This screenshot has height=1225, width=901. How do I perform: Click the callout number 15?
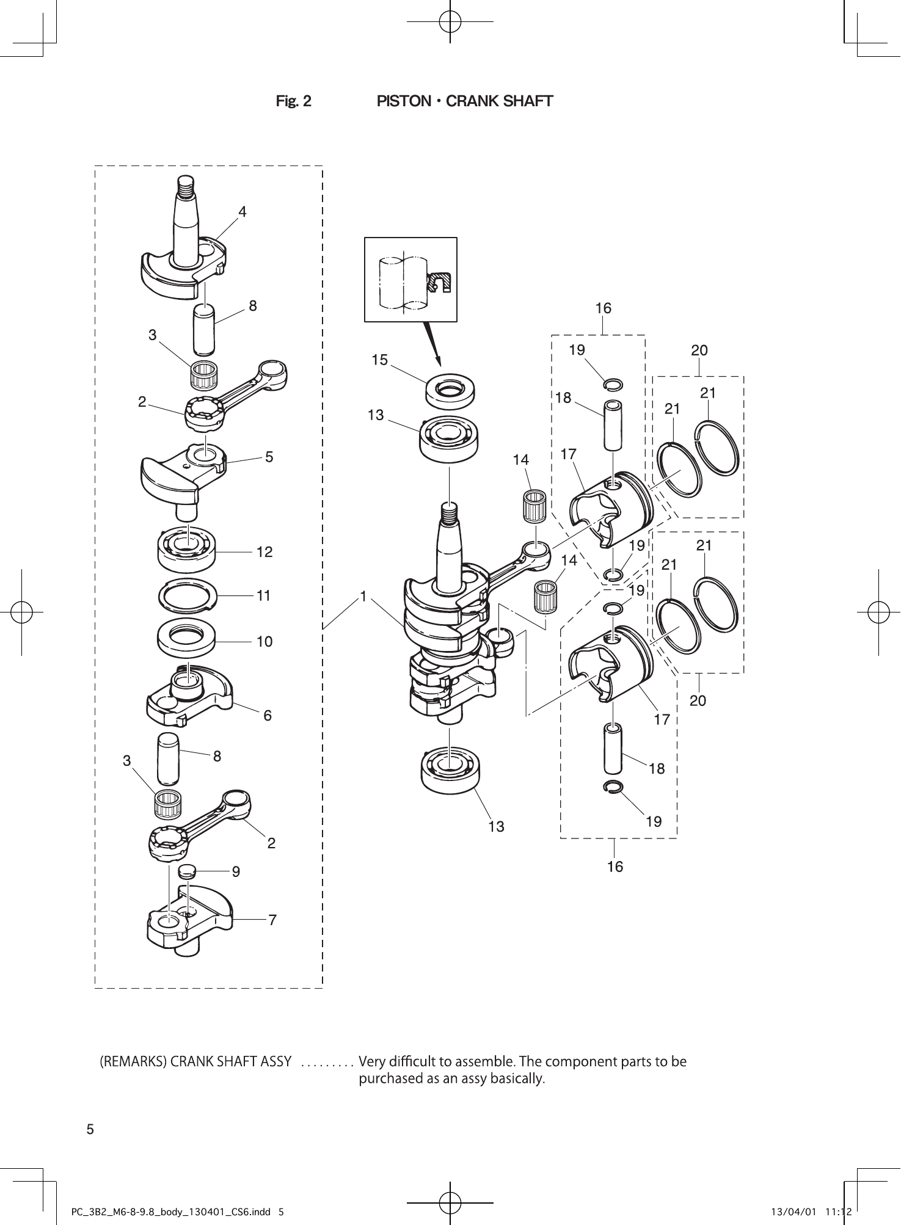coord(380,360)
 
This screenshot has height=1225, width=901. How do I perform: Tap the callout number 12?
coord(264,552)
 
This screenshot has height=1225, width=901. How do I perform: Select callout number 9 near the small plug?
coord(236,872)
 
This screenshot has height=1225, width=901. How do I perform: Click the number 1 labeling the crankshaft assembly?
coord(363,596)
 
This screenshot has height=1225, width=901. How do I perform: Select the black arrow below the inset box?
coord(432,342)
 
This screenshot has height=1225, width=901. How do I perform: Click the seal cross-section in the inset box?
coord(439,282)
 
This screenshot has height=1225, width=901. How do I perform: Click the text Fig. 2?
coord(293,101)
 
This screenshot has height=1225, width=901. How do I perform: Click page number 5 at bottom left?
coord(90,1130)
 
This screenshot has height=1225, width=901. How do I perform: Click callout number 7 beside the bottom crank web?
coord(272,920)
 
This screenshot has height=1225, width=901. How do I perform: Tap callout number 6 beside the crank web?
coord(268,716)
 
